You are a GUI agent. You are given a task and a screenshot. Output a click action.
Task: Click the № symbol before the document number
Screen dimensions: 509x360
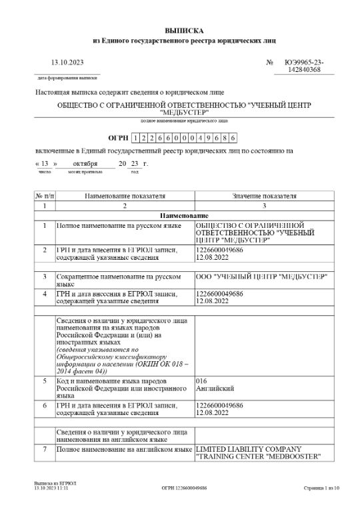tap(270, 62)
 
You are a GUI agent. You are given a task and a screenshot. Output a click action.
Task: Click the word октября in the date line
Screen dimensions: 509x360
tap(85, 163)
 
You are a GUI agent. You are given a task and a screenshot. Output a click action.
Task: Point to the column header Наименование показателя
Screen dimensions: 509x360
tap(125, 197)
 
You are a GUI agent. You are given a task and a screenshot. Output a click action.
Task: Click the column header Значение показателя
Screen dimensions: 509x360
tap(263, 197)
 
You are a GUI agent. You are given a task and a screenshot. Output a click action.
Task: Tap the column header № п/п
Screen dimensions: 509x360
tap(45, 197)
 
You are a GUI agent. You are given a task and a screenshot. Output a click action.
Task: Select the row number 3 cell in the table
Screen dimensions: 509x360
tap(45, 275)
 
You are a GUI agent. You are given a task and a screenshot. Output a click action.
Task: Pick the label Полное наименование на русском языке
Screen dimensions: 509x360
tap(119, 226)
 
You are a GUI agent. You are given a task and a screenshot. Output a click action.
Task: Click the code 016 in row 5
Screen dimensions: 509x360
tap(201, 380)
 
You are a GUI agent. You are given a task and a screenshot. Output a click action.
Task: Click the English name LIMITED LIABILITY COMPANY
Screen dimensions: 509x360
tap(249, 448)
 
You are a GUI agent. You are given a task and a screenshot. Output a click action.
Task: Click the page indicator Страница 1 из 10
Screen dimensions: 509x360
tap(321, 488)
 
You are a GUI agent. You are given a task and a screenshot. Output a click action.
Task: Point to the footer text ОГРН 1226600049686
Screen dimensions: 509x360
tap(184, 488)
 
